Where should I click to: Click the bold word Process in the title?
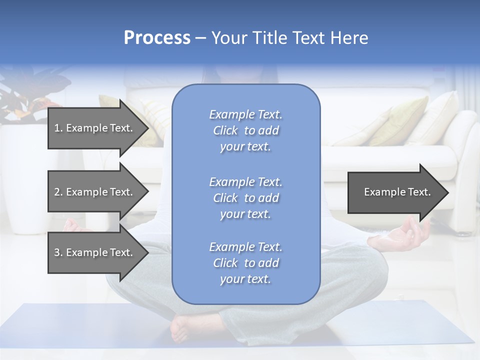pyautogui.click(x=157, y=38)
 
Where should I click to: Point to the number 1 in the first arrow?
pyautogui.click(x=57, y=128)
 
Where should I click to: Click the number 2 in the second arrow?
pyautogui.click(x=57, y=192)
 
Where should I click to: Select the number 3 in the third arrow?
pyautogui.click(x=57, y=252)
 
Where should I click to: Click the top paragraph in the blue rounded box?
pyautogui.click(x=245, y=130)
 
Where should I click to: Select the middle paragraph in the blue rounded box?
pyautogui.click(x=245, y=198)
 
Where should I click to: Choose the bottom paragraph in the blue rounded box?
pyautogui.click(x=245, y=263)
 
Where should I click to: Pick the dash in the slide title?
pyautogui.click(x=201, y=38)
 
